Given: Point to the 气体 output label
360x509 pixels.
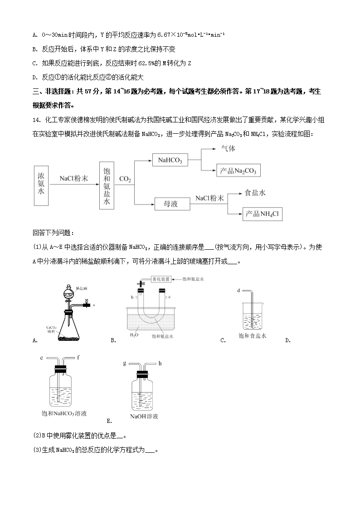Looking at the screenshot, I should click(228, 148).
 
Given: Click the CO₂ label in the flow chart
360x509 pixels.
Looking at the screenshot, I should click(125, 180).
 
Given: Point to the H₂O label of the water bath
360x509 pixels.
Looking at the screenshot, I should click(134, 336).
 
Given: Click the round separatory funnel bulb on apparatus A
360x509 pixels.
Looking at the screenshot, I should click(68, 292).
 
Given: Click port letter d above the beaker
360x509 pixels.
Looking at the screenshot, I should click(238, 291).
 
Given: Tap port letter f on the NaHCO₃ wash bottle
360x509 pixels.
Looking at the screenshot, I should click(78, 358).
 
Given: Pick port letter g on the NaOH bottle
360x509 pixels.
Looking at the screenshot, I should click(125, 364).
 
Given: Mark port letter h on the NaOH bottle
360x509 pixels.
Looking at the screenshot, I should click(160, 364).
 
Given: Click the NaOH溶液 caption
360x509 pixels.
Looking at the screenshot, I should click(144, 417).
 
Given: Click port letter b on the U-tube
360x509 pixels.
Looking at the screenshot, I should click(131, 297).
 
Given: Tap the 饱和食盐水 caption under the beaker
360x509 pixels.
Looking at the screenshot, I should click(252, 336).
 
